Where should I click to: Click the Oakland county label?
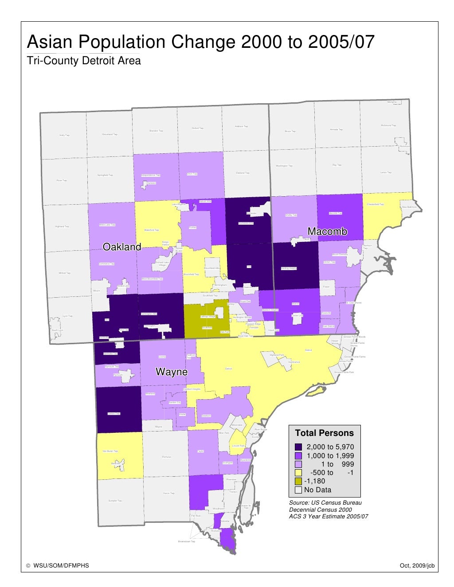[x=122, y=247]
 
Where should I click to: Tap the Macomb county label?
[x=327, y=231]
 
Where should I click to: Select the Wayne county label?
[x=171, y=372]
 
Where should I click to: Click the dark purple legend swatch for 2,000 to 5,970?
[x=298, y=447]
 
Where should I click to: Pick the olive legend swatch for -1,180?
[x=298, y=481]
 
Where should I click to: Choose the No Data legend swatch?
[x=298, y=490]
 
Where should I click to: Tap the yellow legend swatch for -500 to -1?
[x=298, y=473]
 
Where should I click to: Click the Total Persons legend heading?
[x=325, y=433]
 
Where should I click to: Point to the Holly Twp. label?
[x=65, y=135]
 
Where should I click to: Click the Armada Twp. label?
[x=337, y=130]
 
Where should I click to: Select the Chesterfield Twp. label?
[x=375, y=205]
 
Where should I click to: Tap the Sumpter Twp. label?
[x=115, y=501]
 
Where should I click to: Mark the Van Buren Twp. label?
[x=110, y=451]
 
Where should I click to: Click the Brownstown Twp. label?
[x=186, y=541]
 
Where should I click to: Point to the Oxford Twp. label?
[x=198, y=128]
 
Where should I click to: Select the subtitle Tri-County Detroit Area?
[x=84, y=61]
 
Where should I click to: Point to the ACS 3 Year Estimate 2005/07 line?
[x=329, y=516]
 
